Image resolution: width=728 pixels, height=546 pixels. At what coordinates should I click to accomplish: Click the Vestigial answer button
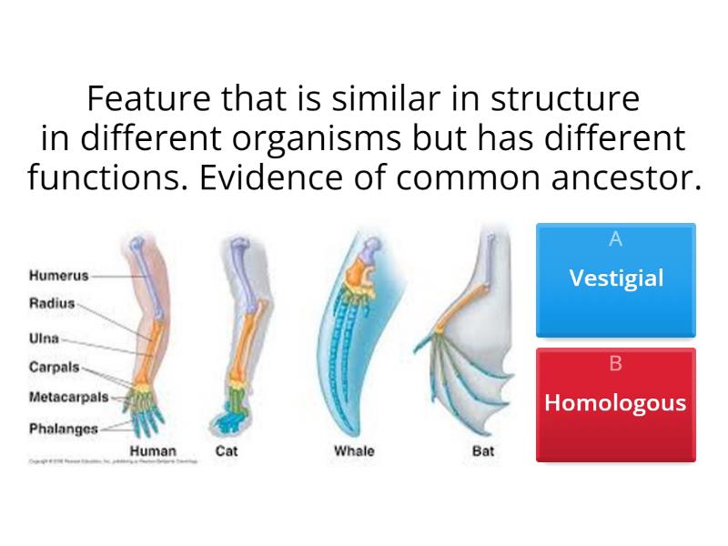(x=616, y=278)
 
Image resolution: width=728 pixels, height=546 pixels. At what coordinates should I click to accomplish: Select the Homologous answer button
(x=615, y=403)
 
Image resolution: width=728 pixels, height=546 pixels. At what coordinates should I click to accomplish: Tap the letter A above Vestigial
(x=616, y=239)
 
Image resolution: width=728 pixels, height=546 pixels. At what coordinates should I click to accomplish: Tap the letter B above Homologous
(x=616, y=364)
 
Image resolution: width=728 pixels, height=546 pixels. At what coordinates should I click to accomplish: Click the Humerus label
(x=59, y=273)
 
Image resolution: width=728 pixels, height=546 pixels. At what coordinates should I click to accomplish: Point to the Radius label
(x=52, y=304)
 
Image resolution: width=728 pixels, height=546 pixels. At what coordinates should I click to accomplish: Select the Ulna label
(x=44, y=339)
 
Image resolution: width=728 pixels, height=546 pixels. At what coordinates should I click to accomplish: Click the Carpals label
(x=54, y=369)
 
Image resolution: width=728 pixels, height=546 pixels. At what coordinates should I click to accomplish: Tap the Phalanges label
(x=63, y=427)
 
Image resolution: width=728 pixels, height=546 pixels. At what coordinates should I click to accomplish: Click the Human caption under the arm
(x=153, y=450)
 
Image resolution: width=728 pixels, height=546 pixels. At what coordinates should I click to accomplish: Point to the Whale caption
(x=354, y=450)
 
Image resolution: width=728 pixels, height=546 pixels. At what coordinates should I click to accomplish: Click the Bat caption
(x=482, y=450)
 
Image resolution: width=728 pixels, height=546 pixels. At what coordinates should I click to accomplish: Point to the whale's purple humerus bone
(x=371, y=246)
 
